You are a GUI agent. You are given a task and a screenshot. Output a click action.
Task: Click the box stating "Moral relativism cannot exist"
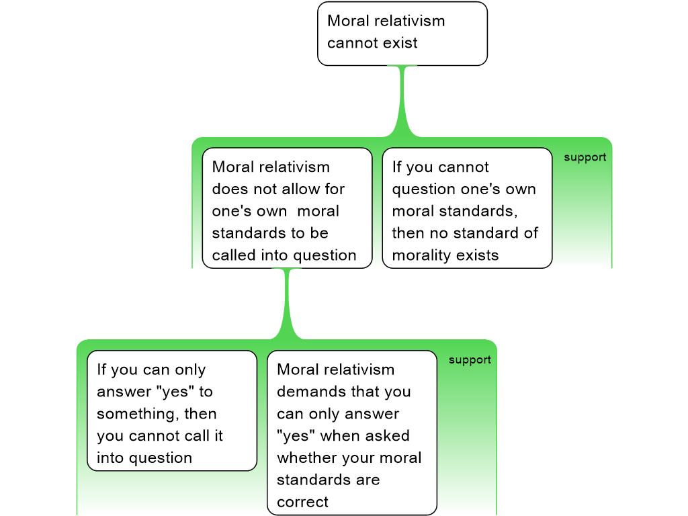pyautogui.click(x=402, y=33)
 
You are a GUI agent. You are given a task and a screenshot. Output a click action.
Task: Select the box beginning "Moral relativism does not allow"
pyautogui.click(x=287, y=208)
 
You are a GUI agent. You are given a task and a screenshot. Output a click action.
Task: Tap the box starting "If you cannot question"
pyautogui.click(x=467, y=208)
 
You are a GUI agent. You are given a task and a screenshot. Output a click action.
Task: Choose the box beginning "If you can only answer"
pyautogui.click(x=172, y=410)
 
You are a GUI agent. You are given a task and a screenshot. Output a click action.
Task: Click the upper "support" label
pyautogui.click(x=585, y=157)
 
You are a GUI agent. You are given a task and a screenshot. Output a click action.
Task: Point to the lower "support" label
pyautogui.click(x=470, y=359)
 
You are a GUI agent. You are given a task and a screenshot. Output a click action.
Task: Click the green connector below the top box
pyautogui.click(x=402, y=101)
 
